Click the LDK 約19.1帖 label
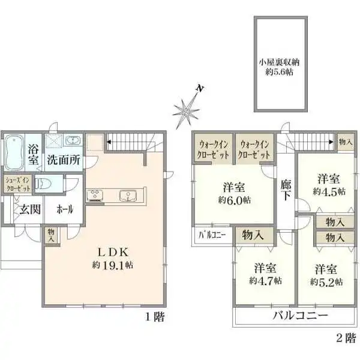pyautogui.click(x=113, y=257)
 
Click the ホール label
pyautogui.click(x=65, y=209)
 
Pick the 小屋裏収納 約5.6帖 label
pyautogui.click(x=280, y=65)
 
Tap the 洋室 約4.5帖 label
pyautogui.click(x=329, y=185)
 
